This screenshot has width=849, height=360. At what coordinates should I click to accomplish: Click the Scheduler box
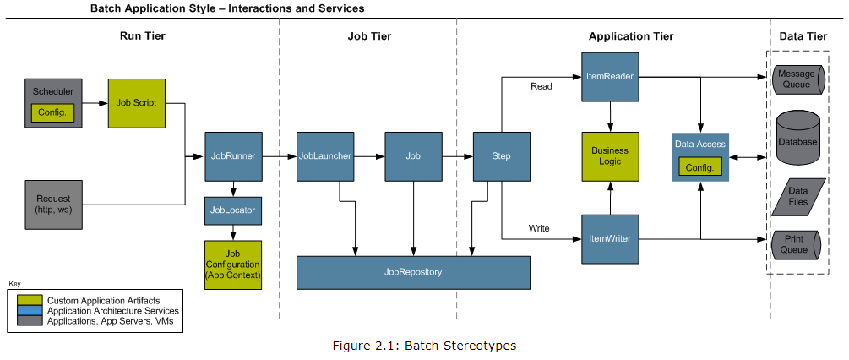(x=53, y=91)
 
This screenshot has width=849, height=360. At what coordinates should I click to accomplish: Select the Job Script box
(x=136, y=103)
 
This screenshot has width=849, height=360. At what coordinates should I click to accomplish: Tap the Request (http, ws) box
(x=53, y=204)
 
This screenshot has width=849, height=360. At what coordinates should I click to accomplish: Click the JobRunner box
(x=233, y=155)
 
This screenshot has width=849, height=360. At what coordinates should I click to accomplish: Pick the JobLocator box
(x=233, y=210)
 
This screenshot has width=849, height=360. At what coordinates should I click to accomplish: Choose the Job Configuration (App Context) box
(x=233, y=265)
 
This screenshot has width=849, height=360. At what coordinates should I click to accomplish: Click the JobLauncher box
(x=324, y=155)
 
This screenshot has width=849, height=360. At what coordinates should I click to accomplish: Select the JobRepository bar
(x=413, y=272)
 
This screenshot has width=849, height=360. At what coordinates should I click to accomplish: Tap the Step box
(x=501, y=155)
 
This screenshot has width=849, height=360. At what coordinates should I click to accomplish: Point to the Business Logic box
(x=610, y=155)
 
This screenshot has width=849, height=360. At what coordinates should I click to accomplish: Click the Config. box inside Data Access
(x=700, y=167)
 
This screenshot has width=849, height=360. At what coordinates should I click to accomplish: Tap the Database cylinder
(x=797, y=140)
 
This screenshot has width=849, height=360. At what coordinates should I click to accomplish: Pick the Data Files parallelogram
(x=797, y=196)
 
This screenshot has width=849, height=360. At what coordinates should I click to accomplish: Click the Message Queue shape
(x=797, y=79)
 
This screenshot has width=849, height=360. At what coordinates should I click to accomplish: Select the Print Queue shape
(x=797, y=244)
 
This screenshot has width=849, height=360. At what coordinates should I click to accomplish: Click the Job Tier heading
(x=369, y=36)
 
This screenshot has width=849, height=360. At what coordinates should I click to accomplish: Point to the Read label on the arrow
(x=541, y=86)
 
